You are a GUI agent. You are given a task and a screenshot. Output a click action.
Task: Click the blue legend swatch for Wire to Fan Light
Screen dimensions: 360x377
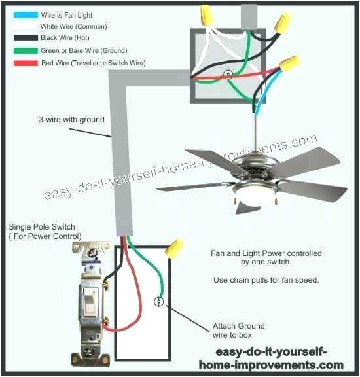[26, 15]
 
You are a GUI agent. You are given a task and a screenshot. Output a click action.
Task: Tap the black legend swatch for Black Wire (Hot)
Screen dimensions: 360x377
[26, 37]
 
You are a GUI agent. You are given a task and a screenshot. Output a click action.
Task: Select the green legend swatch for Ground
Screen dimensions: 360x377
[26, 50]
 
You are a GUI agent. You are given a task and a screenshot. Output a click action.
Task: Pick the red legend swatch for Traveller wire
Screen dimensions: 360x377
[26, 63]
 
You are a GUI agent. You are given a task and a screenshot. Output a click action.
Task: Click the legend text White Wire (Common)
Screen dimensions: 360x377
[73, 26]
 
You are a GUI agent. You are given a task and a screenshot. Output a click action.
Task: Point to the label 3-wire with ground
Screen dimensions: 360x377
[71, 120]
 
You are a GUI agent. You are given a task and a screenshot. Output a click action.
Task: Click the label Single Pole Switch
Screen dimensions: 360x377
[42, 227]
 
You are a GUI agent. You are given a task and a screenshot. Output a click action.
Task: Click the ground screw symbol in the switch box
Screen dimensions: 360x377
[158, 302]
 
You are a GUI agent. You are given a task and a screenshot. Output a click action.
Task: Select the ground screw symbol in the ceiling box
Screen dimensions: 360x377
[228, 75]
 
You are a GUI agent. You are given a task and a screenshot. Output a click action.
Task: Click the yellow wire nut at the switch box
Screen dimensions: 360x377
[174, 249]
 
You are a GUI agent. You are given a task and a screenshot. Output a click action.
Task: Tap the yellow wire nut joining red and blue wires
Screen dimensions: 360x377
[289, 63]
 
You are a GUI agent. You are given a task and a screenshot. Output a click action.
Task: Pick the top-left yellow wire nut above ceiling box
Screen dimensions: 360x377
[207, 15]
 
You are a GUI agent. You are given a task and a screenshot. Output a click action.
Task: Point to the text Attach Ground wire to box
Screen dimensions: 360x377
[238, 331]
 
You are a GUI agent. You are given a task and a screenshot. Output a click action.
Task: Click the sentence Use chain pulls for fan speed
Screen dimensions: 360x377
[266, 280]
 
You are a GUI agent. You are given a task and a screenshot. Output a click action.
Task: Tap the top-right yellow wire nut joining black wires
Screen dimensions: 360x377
[282, 24]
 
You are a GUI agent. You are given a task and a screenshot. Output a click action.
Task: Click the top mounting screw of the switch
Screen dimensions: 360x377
[92, 253]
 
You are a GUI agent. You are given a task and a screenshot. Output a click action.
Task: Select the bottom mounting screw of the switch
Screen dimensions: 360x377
[88, 353]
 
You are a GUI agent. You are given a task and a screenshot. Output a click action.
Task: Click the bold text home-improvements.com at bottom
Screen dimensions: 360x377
[271, 365]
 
